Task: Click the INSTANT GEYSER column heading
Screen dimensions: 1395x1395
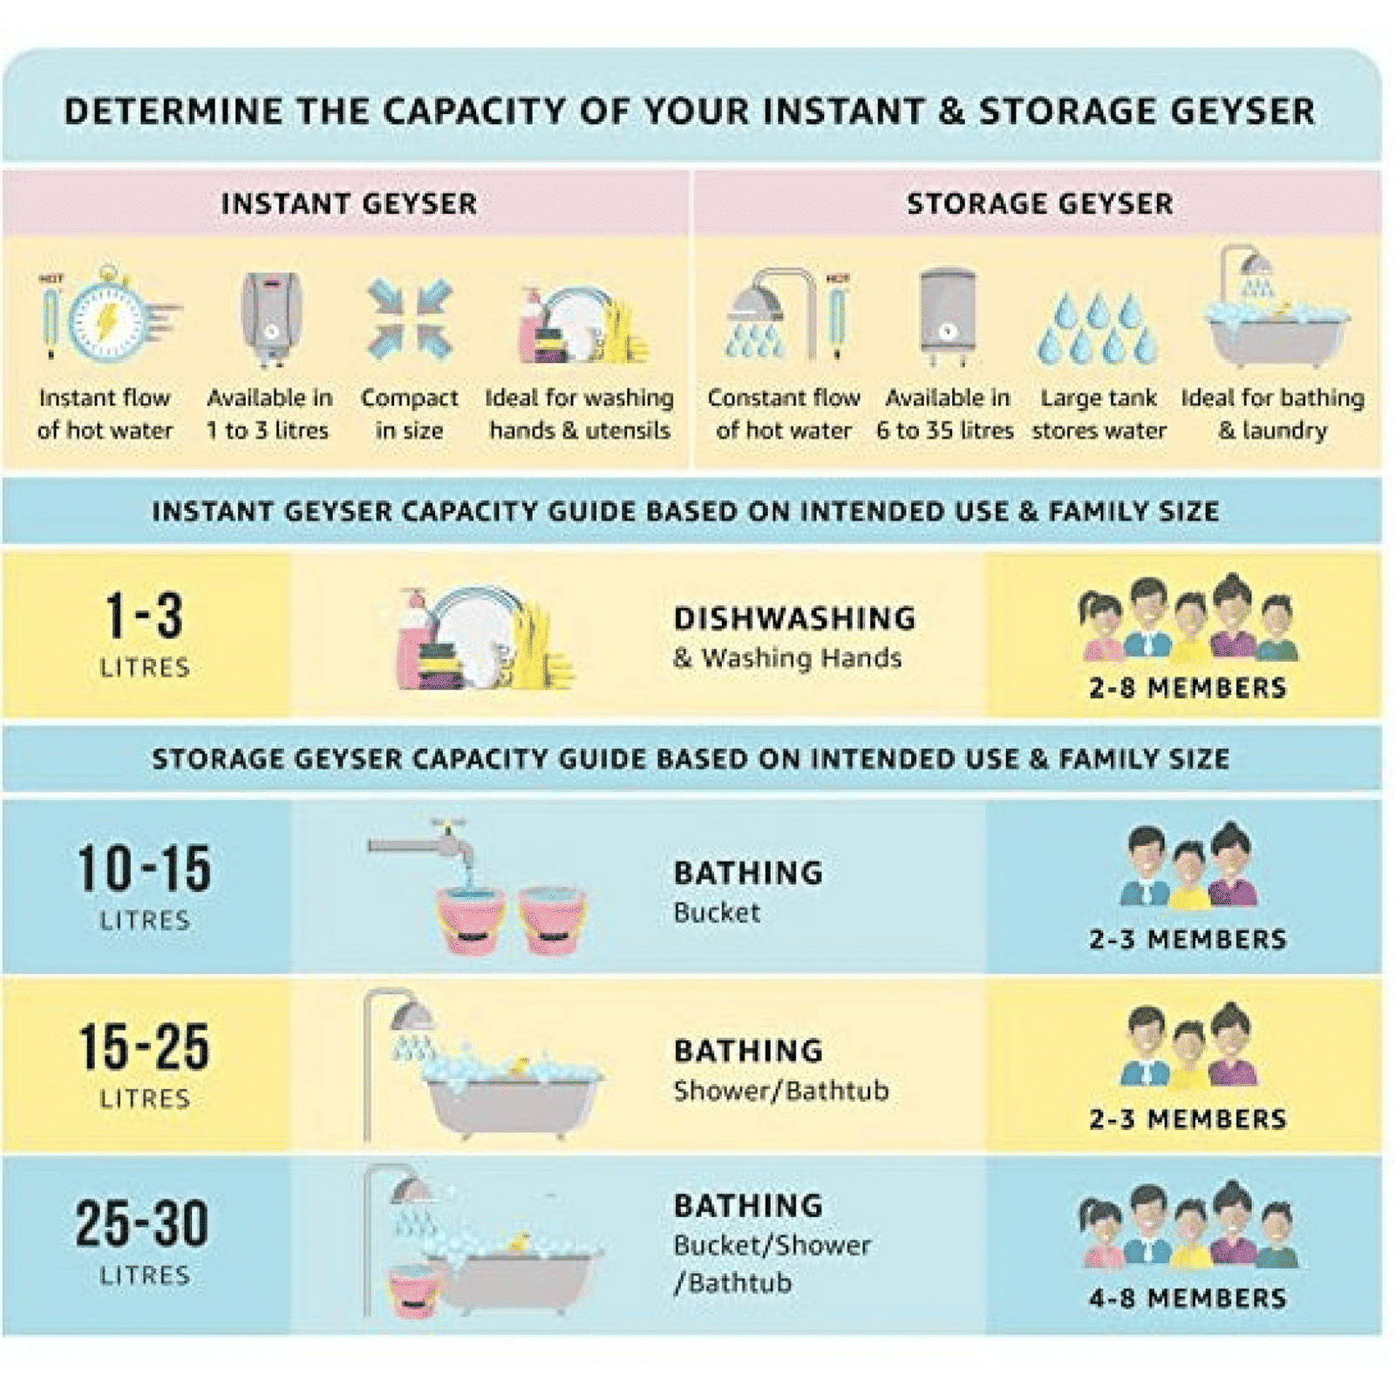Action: click(349, 204)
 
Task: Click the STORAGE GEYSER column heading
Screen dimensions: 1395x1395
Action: click(1039, 204)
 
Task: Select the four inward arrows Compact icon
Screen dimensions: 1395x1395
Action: click(409, 319)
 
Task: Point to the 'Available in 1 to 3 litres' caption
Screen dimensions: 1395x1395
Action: click(269, 414)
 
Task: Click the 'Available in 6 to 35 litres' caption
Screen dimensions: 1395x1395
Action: click(946, 414)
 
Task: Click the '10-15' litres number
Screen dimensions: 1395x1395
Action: click(144, 869)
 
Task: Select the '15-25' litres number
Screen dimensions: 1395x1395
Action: click(144, 1047)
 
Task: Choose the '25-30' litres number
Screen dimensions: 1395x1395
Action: click(142, 1224)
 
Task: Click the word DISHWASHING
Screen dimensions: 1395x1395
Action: click(794, 619)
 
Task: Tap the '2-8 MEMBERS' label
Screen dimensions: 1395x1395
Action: click(1187, 688)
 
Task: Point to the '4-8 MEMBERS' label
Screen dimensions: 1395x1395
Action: click(1187, 1298)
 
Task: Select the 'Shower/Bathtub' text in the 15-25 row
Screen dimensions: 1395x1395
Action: click(781, 1091)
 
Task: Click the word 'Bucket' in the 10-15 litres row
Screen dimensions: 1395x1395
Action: click(717, 913)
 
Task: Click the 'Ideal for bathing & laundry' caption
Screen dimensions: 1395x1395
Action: click(1273, 414)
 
